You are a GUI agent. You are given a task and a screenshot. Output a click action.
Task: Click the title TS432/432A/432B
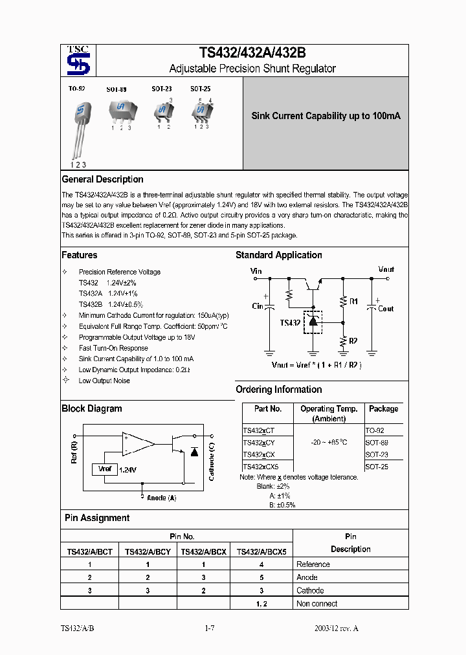[x=252, y=54]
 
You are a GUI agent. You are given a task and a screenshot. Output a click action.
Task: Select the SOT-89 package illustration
[x=120, y=111]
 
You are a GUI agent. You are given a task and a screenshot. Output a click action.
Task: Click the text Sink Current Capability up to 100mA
[x=326, y=116]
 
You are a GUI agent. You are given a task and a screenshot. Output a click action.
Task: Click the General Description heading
[x=102, y=179]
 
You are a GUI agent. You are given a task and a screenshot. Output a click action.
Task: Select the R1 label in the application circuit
[x=353, y=302]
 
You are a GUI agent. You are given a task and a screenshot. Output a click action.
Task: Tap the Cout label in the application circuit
[x=385, y=309]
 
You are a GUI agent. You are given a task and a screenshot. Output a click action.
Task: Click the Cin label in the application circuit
[x=258, y=306]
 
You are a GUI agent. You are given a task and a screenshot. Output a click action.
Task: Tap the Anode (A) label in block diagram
[x=161, y=498]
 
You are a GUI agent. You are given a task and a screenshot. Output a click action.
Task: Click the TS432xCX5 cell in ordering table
[x=260, y=466]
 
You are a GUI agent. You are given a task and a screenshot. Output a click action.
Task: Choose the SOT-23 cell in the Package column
[x=377, y=454]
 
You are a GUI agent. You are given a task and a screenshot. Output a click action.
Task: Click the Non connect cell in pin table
[x=316, y=604]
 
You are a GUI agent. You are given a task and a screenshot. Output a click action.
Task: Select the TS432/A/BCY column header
[x=147, y=551]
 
